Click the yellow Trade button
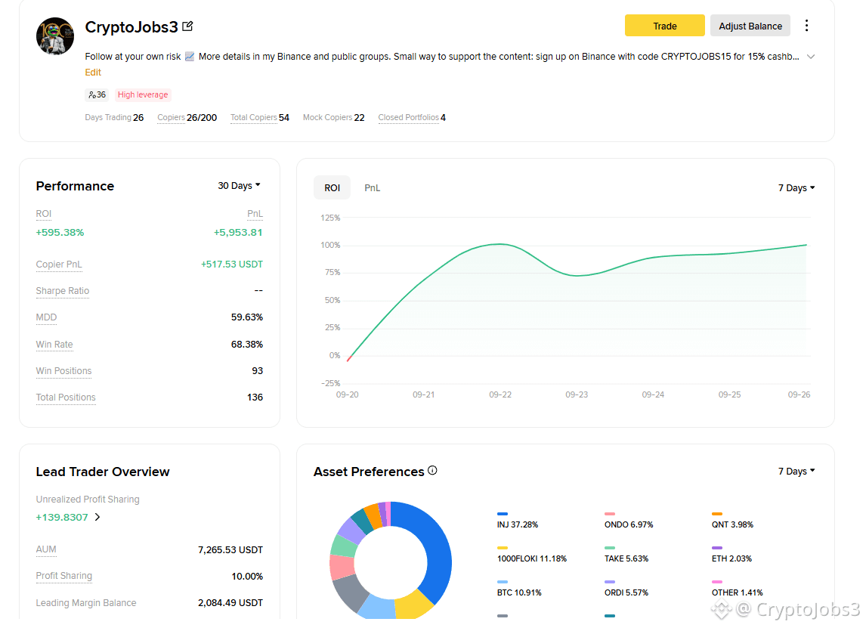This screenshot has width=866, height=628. [664, 26]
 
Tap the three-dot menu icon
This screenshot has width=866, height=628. [806, 26]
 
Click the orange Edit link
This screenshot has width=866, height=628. [93, 73]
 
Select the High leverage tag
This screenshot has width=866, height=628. [143, 94]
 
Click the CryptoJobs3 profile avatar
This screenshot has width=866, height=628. [54, 36]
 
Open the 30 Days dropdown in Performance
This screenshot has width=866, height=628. [239, 186]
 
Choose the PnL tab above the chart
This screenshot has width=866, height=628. [372, 187]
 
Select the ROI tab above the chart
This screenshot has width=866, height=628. [332, 187]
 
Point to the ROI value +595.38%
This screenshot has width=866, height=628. [60, 233]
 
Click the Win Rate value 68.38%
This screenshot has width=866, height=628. [247, 344]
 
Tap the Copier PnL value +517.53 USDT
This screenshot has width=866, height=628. [232, 264]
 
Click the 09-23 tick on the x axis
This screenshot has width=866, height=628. [577, 394]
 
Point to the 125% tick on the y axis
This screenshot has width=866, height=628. [330, 218]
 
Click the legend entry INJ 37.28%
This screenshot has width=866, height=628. [518, 524]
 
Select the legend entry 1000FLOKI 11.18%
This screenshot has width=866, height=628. [532, 558]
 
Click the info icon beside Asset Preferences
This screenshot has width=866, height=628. [432, 471]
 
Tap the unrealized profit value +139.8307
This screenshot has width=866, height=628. [62, 517]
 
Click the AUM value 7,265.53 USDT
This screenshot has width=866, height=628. [230, 549]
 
